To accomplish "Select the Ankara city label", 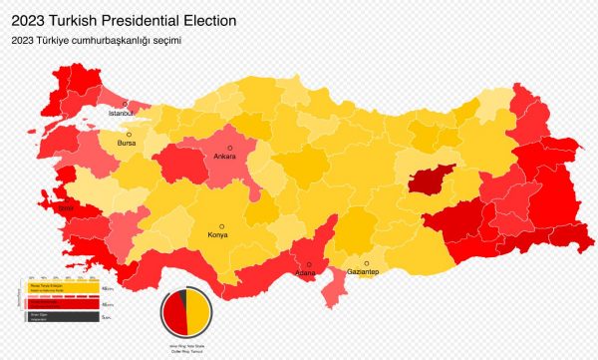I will coord(225,157).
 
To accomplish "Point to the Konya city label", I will coord(217,235).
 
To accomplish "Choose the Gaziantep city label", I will coord(362,272).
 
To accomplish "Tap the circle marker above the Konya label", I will coord(223,225).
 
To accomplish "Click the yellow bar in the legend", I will coord(60,287).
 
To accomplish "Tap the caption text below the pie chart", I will coord(184,346).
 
